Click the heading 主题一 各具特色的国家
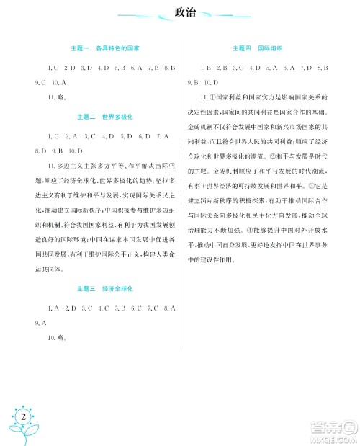[x=108, y=48]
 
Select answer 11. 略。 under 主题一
[x=56, y=95]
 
